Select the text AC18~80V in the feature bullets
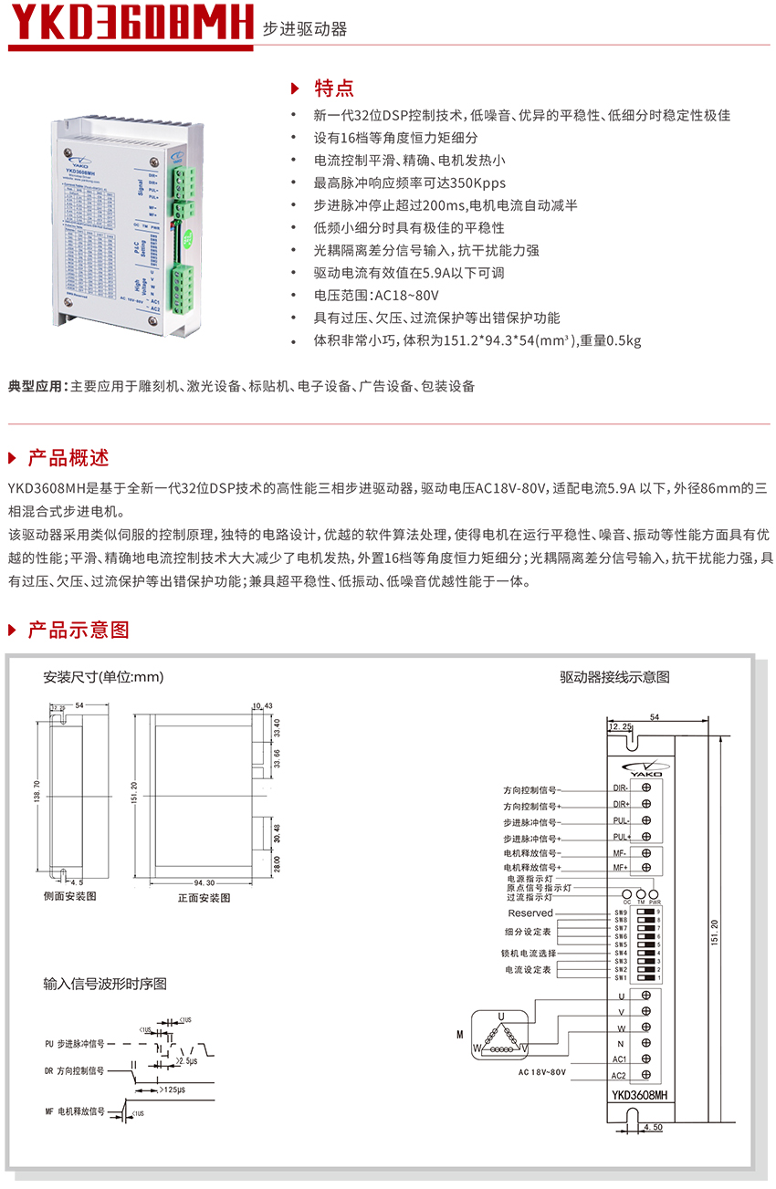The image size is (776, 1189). (x=407, y=296)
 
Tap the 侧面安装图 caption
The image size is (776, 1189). (x=69, y=896)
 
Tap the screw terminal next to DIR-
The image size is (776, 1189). (x=646, y=787)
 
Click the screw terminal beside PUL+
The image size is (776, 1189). (x=646, y=837)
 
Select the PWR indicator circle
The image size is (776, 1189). (x=655, y=894)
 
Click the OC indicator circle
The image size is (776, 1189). (x=627, y=894)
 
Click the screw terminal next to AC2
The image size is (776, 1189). (x=646, y=1076)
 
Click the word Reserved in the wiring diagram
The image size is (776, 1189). (x=530, y=913)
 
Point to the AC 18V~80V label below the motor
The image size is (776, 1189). (x=542, y=1072)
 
